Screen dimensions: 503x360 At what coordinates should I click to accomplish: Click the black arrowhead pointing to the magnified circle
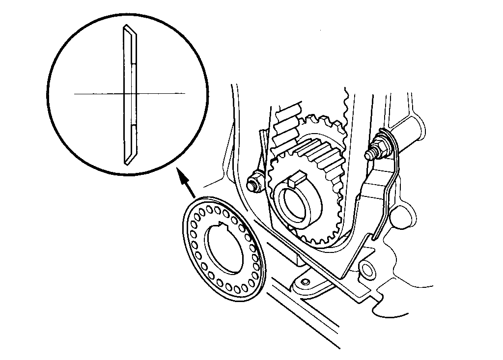[182, 177]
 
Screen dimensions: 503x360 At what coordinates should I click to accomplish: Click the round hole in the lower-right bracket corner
[366, 268]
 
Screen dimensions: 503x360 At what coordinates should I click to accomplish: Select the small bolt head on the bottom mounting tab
[305, 281]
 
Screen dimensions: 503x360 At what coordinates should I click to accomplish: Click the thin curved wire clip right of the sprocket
[388, 196]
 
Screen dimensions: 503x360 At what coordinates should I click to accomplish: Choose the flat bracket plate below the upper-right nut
[373, 187]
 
